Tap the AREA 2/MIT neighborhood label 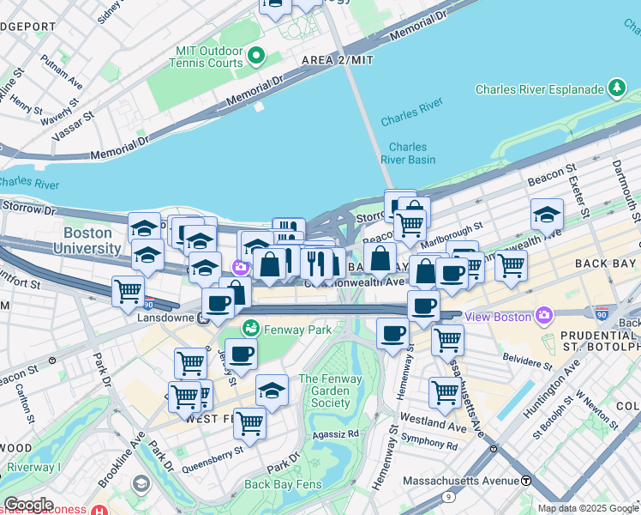coord(338,60)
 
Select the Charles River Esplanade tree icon coord(616,88)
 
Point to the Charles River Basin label coord(408,153)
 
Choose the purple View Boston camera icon coord(543,316)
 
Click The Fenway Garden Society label coord(331,391)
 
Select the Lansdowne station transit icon coord(204,318)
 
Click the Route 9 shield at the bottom coord(448,496)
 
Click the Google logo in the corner coord(27,505)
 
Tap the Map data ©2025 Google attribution coord(587,508)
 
